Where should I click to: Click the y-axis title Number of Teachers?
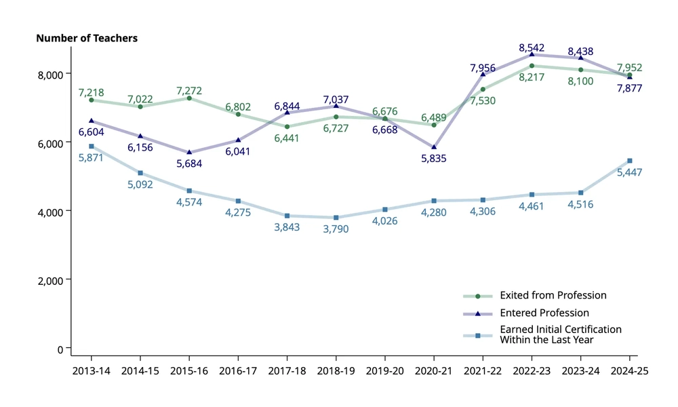87,38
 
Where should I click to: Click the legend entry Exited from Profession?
553,295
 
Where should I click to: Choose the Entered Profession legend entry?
544,313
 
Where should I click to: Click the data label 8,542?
532,48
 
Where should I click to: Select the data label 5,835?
434,159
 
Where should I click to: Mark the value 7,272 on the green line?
189,90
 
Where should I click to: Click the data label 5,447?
629,172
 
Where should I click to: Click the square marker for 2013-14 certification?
91,147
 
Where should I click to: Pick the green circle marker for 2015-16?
189,98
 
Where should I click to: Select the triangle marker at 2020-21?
434,147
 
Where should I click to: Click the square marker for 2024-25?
629,161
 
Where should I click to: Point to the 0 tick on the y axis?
60,349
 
